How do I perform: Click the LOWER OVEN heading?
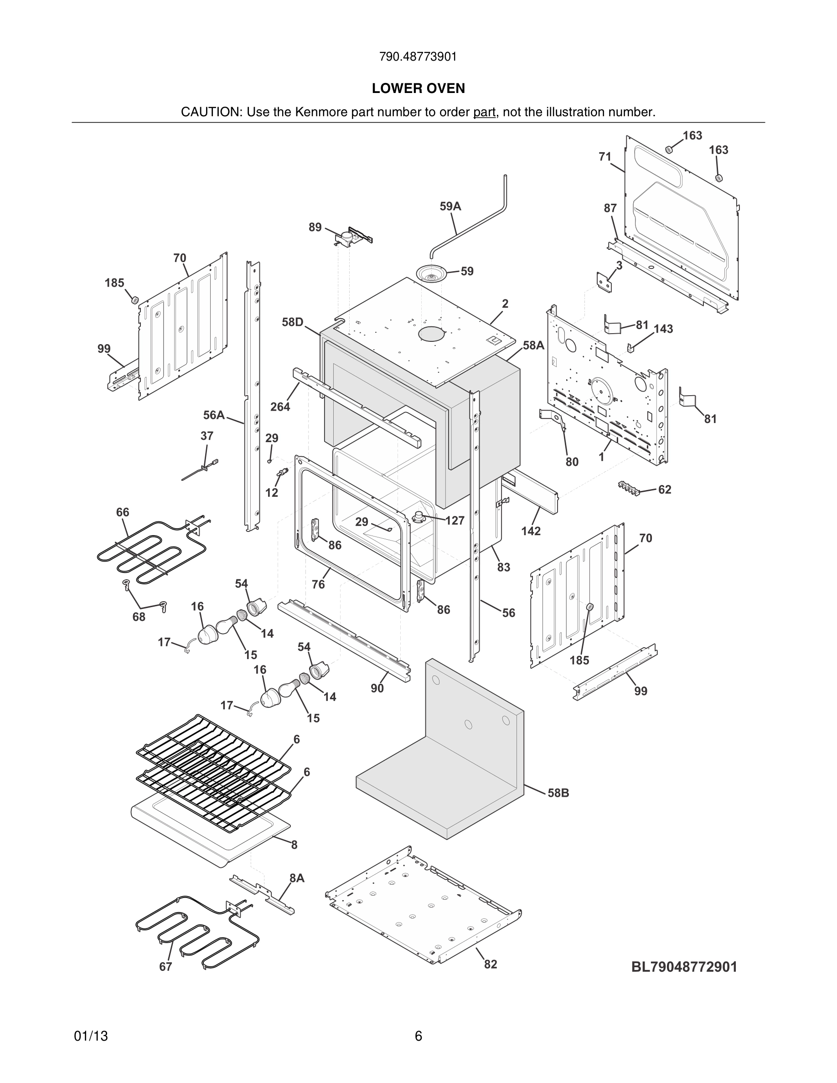pyautogui.click(x=418, y=88)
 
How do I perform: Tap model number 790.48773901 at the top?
pyautogui.click(x=418, y=57)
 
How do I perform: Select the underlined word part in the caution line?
pyautogui.click(x=484, y=113)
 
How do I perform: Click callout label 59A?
pyautogui.click(x=450, y=206)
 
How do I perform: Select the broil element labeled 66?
pyautogui.click(x=149, y=551)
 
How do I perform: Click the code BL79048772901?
pyautogui.click(x=684, y=967)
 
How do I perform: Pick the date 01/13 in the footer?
pyautogui.click(x=91, y=1036)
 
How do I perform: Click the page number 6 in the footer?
pyautogui.click(x=418, y=1036)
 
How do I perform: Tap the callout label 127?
pyautogui.click(x=455, y=520)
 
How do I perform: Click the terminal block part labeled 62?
pyautogui.click(x=629, y=487)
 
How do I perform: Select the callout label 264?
pyautogui.click(x=280, y=407)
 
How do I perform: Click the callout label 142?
pyautogui.click(x=531, y=531)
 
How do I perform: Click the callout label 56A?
pyautogui.click(x=214, y=414)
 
